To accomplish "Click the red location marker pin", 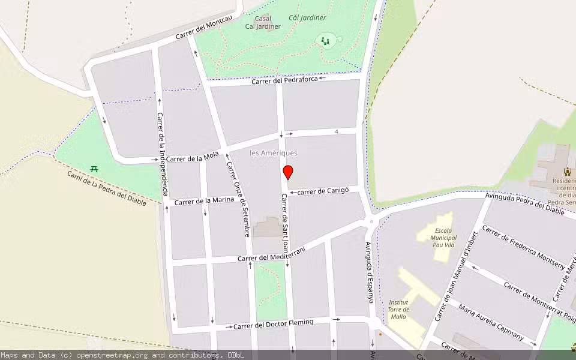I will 288,172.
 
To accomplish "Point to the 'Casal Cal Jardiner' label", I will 263,22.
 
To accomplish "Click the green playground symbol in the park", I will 325,41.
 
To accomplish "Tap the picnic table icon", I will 94,169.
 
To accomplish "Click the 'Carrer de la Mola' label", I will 193,157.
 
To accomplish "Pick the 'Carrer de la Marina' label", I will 205,200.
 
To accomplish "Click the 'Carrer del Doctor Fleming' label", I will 273,324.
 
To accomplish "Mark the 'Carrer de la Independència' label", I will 161,154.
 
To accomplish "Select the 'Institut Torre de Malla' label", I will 398,309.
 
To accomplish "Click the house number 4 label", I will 337,131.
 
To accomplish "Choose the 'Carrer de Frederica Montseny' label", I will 524,247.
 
